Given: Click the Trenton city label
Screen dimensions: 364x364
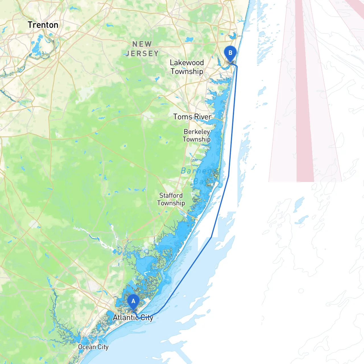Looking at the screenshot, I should (43, 25).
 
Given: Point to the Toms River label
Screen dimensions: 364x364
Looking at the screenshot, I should (192, 117).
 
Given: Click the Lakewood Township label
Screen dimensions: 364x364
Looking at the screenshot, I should (187, 67).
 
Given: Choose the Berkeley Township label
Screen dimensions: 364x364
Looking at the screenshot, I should (197, 135).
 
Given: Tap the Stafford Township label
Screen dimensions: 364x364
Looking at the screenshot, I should (171, 199).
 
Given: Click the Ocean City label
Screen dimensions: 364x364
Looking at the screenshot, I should (93, 347).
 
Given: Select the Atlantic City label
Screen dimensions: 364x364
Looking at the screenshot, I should (133, 317).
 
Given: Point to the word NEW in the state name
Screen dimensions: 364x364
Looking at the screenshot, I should (142, 44).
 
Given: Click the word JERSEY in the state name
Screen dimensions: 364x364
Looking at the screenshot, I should (142, 53).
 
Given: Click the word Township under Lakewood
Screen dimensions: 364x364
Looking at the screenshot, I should (187, 71).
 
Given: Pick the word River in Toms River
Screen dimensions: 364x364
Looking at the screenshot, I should (202, 117).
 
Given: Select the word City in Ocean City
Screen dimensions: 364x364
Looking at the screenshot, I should (103, 347).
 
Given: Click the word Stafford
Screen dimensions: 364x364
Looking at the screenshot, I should (171, 195).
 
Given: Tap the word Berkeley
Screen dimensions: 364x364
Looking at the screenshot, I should (197, 132).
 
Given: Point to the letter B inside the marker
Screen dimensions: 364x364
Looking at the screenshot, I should (230, 53).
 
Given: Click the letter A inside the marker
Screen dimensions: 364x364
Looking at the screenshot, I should (133, 301).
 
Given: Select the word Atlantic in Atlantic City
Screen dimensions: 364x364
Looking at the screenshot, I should (125, 317).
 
